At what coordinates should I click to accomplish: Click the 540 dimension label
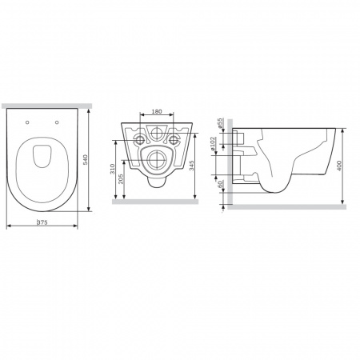click(x=86, y=159)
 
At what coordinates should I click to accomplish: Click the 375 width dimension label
click(x=42, y=222)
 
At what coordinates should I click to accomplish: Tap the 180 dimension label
click(x=157, y=111)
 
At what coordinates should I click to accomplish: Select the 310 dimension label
click(x=112, y=170)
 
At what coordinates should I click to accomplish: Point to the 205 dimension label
click(x=121, y=179)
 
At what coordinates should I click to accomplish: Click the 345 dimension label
click(x=192, y=166)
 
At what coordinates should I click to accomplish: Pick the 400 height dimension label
click(x=339, y=166)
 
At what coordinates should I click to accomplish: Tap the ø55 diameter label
click(x=220, y=123)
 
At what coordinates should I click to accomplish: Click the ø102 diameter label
click(x=213, y=144)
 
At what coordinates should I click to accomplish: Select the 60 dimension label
click(x=220, y=184)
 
